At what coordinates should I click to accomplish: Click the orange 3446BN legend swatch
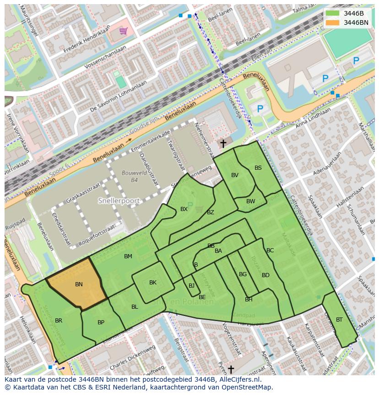[x=332, y=22]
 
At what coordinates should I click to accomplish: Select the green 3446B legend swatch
[x=332, y=13]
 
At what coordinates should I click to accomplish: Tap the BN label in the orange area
[x=79, y=284]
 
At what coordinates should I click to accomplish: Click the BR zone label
[x=59, y=321]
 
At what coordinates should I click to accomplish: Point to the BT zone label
[x=339, y=320]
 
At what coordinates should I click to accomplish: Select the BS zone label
[x=258, y=168]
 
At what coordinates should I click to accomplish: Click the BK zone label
[x=153, y=283]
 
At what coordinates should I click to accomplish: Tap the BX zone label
[x=184, y=209]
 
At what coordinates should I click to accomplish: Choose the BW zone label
[x=251, y=201]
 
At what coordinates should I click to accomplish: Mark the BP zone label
[x=101, y=323]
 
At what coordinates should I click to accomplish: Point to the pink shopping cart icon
[x=123, y=31]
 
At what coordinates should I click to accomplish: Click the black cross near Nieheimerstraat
[x=223, y=144]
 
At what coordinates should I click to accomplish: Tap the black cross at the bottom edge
[x=231, y=369]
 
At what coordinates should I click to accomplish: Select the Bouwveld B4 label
[x=130, y=177]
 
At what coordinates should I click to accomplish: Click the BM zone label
[x=128, y=256]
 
